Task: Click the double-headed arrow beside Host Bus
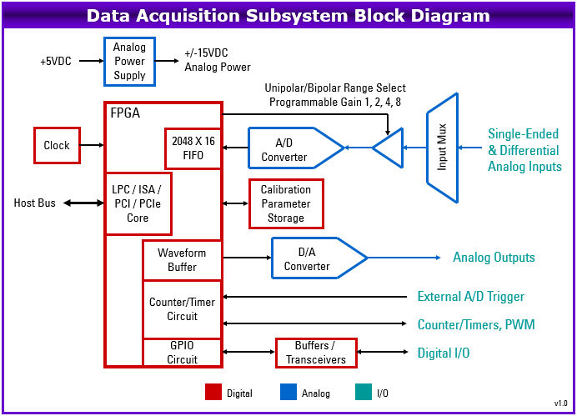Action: (x=83, y=203)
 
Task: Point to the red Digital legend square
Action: (x=213, y=392)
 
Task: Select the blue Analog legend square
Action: (x=288, y=392)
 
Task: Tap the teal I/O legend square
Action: (x=364, y=392)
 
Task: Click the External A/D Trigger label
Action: (x=470, y=297)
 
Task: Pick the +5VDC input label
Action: (x=56, y=61)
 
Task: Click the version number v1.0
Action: (x=561, y=403)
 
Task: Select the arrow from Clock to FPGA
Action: (x=92, y=145)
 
